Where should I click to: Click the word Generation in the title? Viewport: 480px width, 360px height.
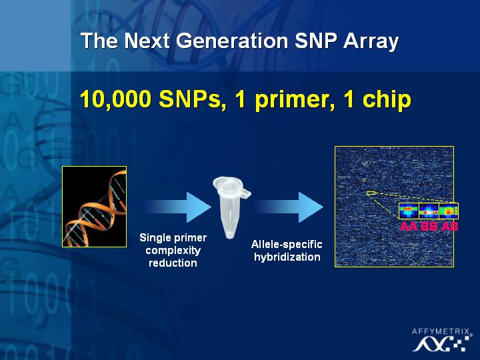232,41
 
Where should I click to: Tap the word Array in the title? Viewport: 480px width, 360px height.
371,41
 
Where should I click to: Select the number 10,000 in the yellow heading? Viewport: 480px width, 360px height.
115,99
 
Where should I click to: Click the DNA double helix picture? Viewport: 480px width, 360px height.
94,207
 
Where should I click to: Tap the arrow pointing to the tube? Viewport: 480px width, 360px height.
177,207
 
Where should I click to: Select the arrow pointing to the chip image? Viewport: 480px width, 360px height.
289,207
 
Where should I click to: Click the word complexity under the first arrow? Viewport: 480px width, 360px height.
173,251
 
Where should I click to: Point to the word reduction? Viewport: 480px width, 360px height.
173,263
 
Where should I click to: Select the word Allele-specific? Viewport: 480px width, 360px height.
287,244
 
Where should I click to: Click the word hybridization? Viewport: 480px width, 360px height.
287,257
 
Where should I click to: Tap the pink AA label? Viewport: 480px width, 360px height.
409,227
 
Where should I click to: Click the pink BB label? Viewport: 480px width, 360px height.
429,227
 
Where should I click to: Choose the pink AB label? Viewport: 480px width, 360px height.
449,227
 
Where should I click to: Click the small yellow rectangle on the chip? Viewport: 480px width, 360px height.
371,193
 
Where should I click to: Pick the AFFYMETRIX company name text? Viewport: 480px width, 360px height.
441,331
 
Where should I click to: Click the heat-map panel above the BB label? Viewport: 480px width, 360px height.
429,211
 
